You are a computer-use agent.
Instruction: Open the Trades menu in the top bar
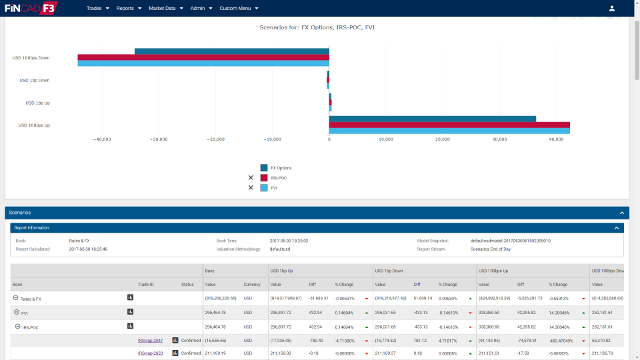(x=97, y=9)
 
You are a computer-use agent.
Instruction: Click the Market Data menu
(x=165, y=9)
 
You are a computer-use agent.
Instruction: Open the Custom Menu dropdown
(x=238, y=9)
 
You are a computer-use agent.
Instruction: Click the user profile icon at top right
(x=612, y=9)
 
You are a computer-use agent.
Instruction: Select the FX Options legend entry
(x=281, y=168)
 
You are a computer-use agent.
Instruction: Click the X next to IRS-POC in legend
(x=251, y=178)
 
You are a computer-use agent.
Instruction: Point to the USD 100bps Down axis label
(x=31, y=58)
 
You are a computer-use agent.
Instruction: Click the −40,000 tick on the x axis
(x=102, y=139)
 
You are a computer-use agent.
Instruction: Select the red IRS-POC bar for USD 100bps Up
(x=449, y=125)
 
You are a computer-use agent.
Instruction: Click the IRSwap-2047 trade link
(x=150, y=341)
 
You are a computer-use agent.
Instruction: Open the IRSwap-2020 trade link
(x=150, y=353)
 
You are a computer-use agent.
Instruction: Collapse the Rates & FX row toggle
(x=16, y=299)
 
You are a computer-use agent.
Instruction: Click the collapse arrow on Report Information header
(x=617, y=228)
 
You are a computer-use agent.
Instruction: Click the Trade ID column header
(x=146, y=285)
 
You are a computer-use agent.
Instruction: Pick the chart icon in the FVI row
(x=131, y=312)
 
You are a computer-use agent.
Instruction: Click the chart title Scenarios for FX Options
(x=321, y=27)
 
